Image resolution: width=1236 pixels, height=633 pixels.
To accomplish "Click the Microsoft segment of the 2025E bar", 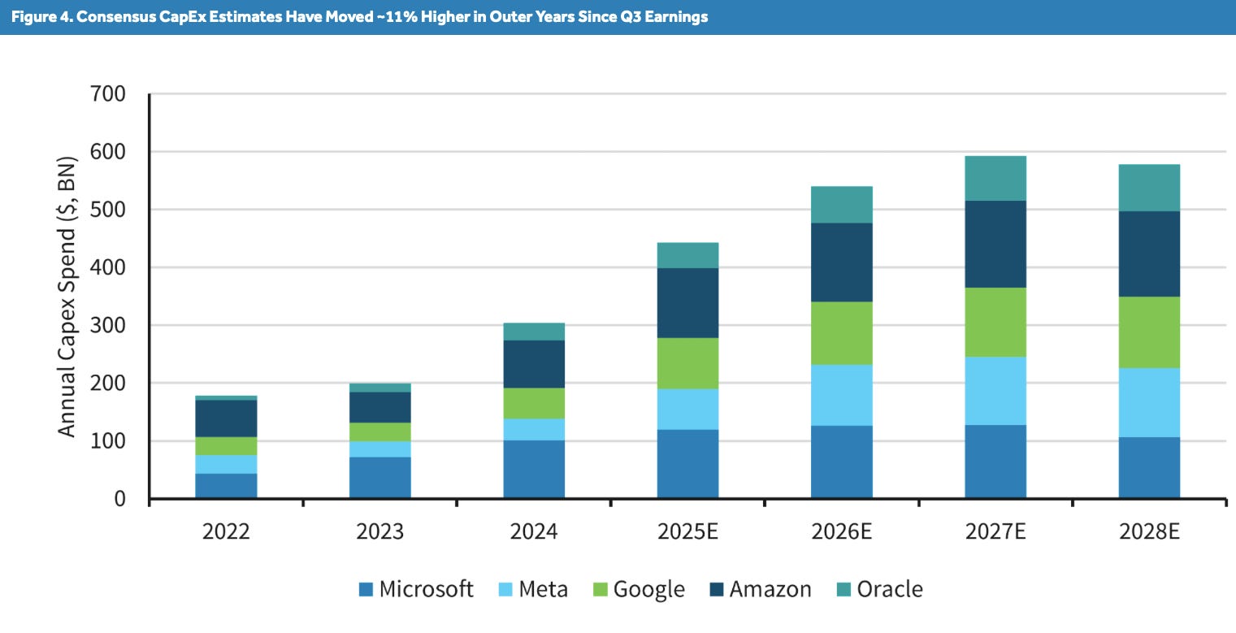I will (687, 463).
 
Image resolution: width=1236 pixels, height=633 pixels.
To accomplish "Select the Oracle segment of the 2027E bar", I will (995, 178).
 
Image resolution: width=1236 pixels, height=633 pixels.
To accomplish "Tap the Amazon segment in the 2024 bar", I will (534, 363).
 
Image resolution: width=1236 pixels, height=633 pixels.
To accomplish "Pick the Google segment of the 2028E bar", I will (1149, 332).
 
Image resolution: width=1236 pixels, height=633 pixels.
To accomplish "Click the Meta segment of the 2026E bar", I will (842, 395).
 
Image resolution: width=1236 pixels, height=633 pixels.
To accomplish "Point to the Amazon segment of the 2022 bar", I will (226, 418).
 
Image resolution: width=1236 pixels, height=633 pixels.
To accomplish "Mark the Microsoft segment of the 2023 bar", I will (380, 477).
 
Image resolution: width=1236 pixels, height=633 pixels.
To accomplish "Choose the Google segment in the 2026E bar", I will (842, 333).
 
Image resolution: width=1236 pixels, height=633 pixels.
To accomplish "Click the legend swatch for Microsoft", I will (365, 589).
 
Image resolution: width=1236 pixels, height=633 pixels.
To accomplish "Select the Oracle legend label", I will (890, 589).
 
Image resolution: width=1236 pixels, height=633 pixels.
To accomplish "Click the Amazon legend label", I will (770, 589).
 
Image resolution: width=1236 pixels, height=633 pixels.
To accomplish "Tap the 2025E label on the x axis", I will (687, 532).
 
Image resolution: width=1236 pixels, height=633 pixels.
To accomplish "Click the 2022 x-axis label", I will (226, 532).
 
